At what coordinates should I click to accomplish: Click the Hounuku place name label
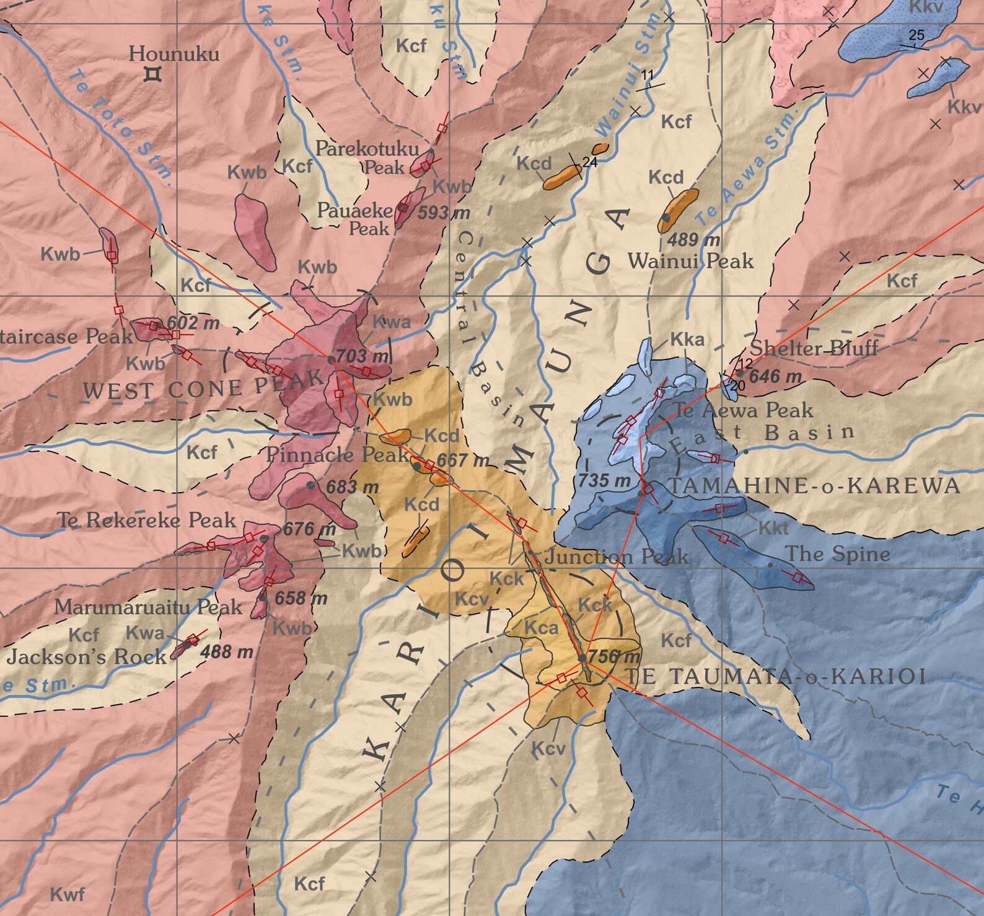(174, 54)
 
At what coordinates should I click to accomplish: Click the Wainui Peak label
(690, 261)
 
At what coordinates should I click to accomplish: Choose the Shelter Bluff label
(814, 348)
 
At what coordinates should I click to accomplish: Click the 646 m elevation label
(775, 376)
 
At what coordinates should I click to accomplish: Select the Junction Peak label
(616, 557)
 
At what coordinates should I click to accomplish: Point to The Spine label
(837, 554)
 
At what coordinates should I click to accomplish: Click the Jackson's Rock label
(87, 656)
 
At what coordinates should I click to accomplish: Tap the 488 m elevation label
(226, 651)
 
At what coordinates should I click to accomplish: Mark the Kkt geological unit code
(773, 528)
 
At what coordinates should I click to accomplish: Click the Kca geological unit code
(541, 628)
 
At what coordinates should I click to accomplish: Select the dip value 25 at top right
(916, 35)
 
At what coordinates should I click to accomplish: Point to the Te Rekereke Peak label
(146, 520)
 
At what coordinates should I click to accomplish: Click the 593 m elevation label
(443, 213)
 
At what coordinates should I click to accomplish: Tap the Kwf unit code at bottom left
(67, 894)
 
